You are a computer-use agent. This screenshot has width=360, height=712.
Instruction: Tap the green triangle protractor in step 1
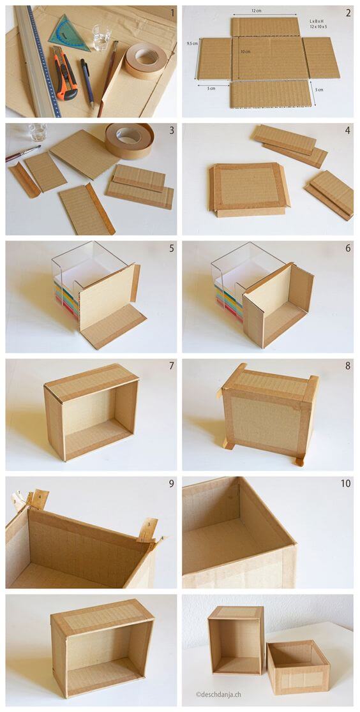point(70,34)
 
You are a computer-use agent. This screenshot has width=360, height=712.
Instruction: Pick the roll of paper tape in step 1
point(146,60)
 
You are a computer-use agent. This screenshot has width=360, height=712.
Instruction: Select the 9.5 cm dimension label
point(191,43)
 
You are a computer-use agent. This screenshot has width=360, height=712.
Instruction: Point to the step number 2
point(348,13)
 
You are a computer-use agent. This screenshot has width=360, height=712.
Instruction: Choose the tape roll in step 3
point(130,140)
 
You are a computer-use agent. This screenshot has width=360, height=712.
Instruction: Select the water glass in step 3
point(37,131)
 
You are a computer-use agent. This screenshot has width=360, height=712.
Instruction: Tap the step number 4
point(348,130)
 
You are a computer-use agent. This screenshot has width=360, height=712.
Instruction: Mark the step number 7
point(171,366)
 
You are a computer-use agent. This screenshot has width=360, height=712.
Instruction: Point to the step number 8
point(348,366)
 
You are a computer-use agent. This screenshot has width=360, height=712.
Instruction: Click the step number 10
point(345,484)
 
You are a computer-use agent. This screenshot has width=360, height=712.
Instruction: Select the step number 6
point(348,248)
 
